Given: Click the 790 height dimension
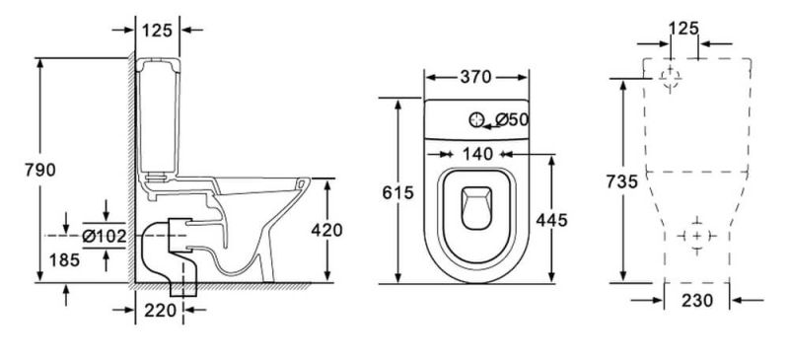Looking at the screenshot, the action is point(40,171).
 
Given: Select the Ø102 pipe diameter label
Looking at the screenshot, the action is point(105,236).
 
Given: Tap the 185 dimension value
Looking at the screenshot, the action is point(64,259).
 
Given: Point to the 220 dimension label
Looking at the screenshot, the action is point(161,310).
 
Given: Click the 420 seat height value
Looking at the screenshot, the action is point(326,230).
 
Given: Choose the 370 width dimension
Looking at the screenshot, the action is point(475,77).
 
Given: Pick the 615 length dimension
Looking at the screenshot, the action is point(397,192).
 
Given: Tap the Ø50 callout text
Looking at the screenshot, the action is point(512,119).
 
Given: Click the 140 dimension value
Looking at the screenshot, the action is point(477,154).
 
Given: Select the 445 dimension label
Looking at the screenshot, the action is point(551,220).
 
